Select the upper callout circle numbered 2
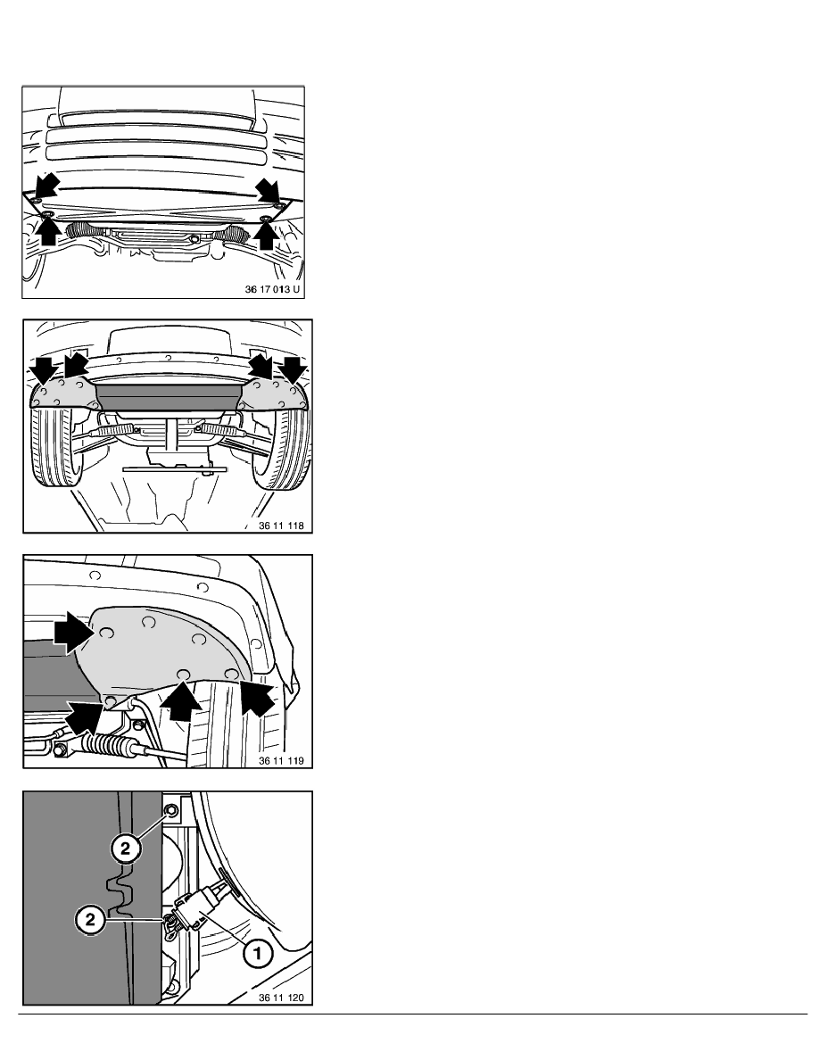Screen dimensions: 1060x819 click(126, 849)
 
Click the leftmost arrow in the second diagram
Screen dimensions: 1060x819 click(41, 369)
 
